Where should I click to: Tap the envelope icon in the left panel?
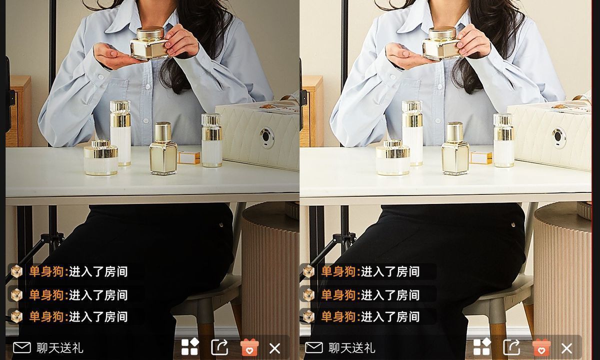tap(22, 348)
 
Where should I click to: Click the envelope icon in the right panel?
tap(314, 348)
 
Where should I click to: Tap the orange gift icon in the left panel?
tap(249, 347)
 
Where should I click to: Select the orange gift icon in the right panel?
tap(541, 347)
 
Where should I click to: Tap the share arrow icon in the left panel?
tap(219, 347)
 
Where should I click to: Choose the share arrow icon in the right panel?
tap(511, 347)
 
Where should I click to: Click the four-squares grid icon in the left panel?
tap(190, 347)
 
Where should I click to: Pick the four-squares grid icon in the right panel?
tap(482, 347)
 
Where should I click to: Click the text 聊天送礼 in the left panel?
tap(60, 348)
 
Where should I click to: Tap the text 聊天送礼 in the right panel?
tap(352, 348)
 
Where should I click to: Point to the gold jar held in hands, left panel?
tap(149, 43)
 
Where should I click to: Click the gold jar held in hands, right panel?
tap(441, 43)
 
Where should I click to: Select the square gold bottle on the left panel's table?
tap(163, 148)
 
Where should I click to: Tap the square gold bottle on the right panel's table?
tap(455, 148)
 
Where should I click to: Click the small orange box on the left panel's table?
tap(189, 157)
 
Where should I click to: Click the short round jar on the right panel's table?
tap(392, 158)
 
